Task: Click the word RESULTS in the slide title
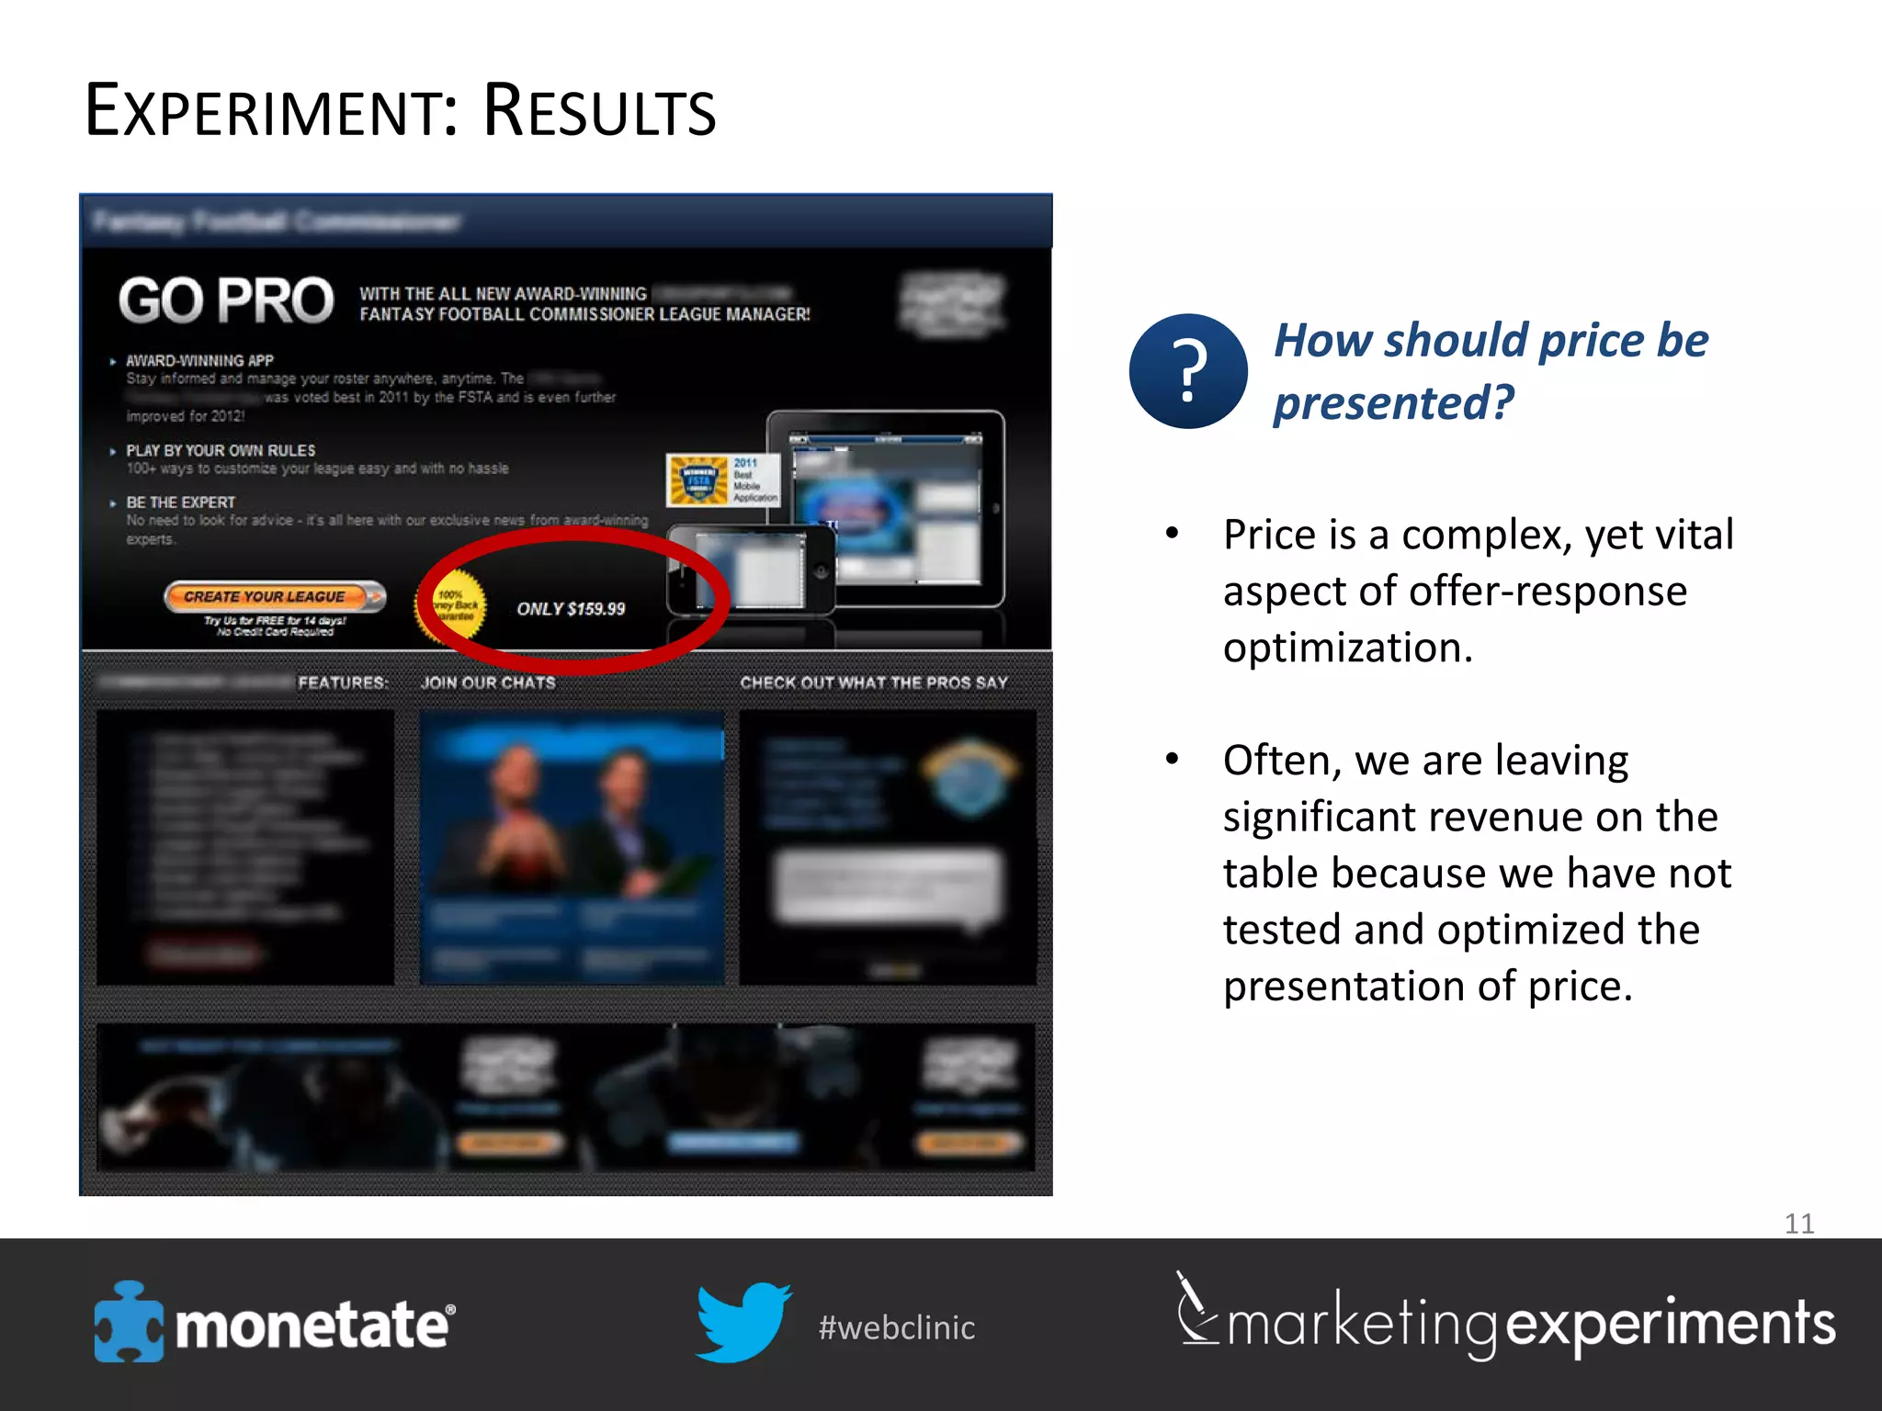click(598, 112)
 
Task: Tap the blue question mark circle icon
click(1187, 371)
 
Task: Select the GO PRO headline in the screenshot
click(226, 301)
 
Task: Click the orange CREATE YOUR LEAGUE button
click(274, 597)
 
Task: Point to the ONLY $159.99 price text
click(571, 609)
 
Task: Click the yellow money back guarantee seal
click(453, 606)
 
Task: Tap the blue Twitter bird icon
click(742, 1322)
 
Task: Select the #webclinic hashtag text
click(897, 1327)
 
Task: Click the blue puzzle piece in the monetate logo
click(128, 1322)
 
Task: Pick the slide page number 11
click(1798, 1223)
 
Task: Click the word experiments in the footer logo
click(1670, 1324)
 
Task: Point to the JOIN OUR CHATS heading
click(488, 683)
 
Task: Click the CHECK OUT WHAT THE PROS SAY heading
click(874, 683)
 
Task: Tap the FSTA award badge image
click(698, 480)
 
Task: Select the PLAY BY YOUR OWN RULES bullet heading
click(221, 450)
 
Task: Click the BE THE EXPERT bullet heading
click(181, 502)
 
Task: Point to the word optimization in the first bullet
click(1347, 649)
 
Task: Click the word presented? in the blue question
click(1393, 402)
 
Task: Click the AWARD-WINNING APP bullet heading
click(199, 361)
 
